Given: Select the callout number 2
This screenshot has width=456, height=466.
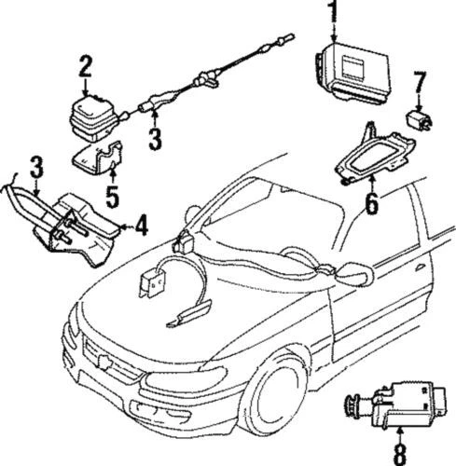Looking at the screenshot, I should [85, 66].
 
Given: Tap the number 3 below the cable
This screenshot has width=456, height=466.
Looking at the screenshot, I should [155, 140].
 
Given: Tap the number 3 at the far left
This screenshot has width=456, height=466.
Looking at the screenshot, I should [35, 169].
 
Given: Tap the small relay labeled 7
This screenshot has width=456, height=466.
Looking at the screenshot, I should [419, 118].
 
